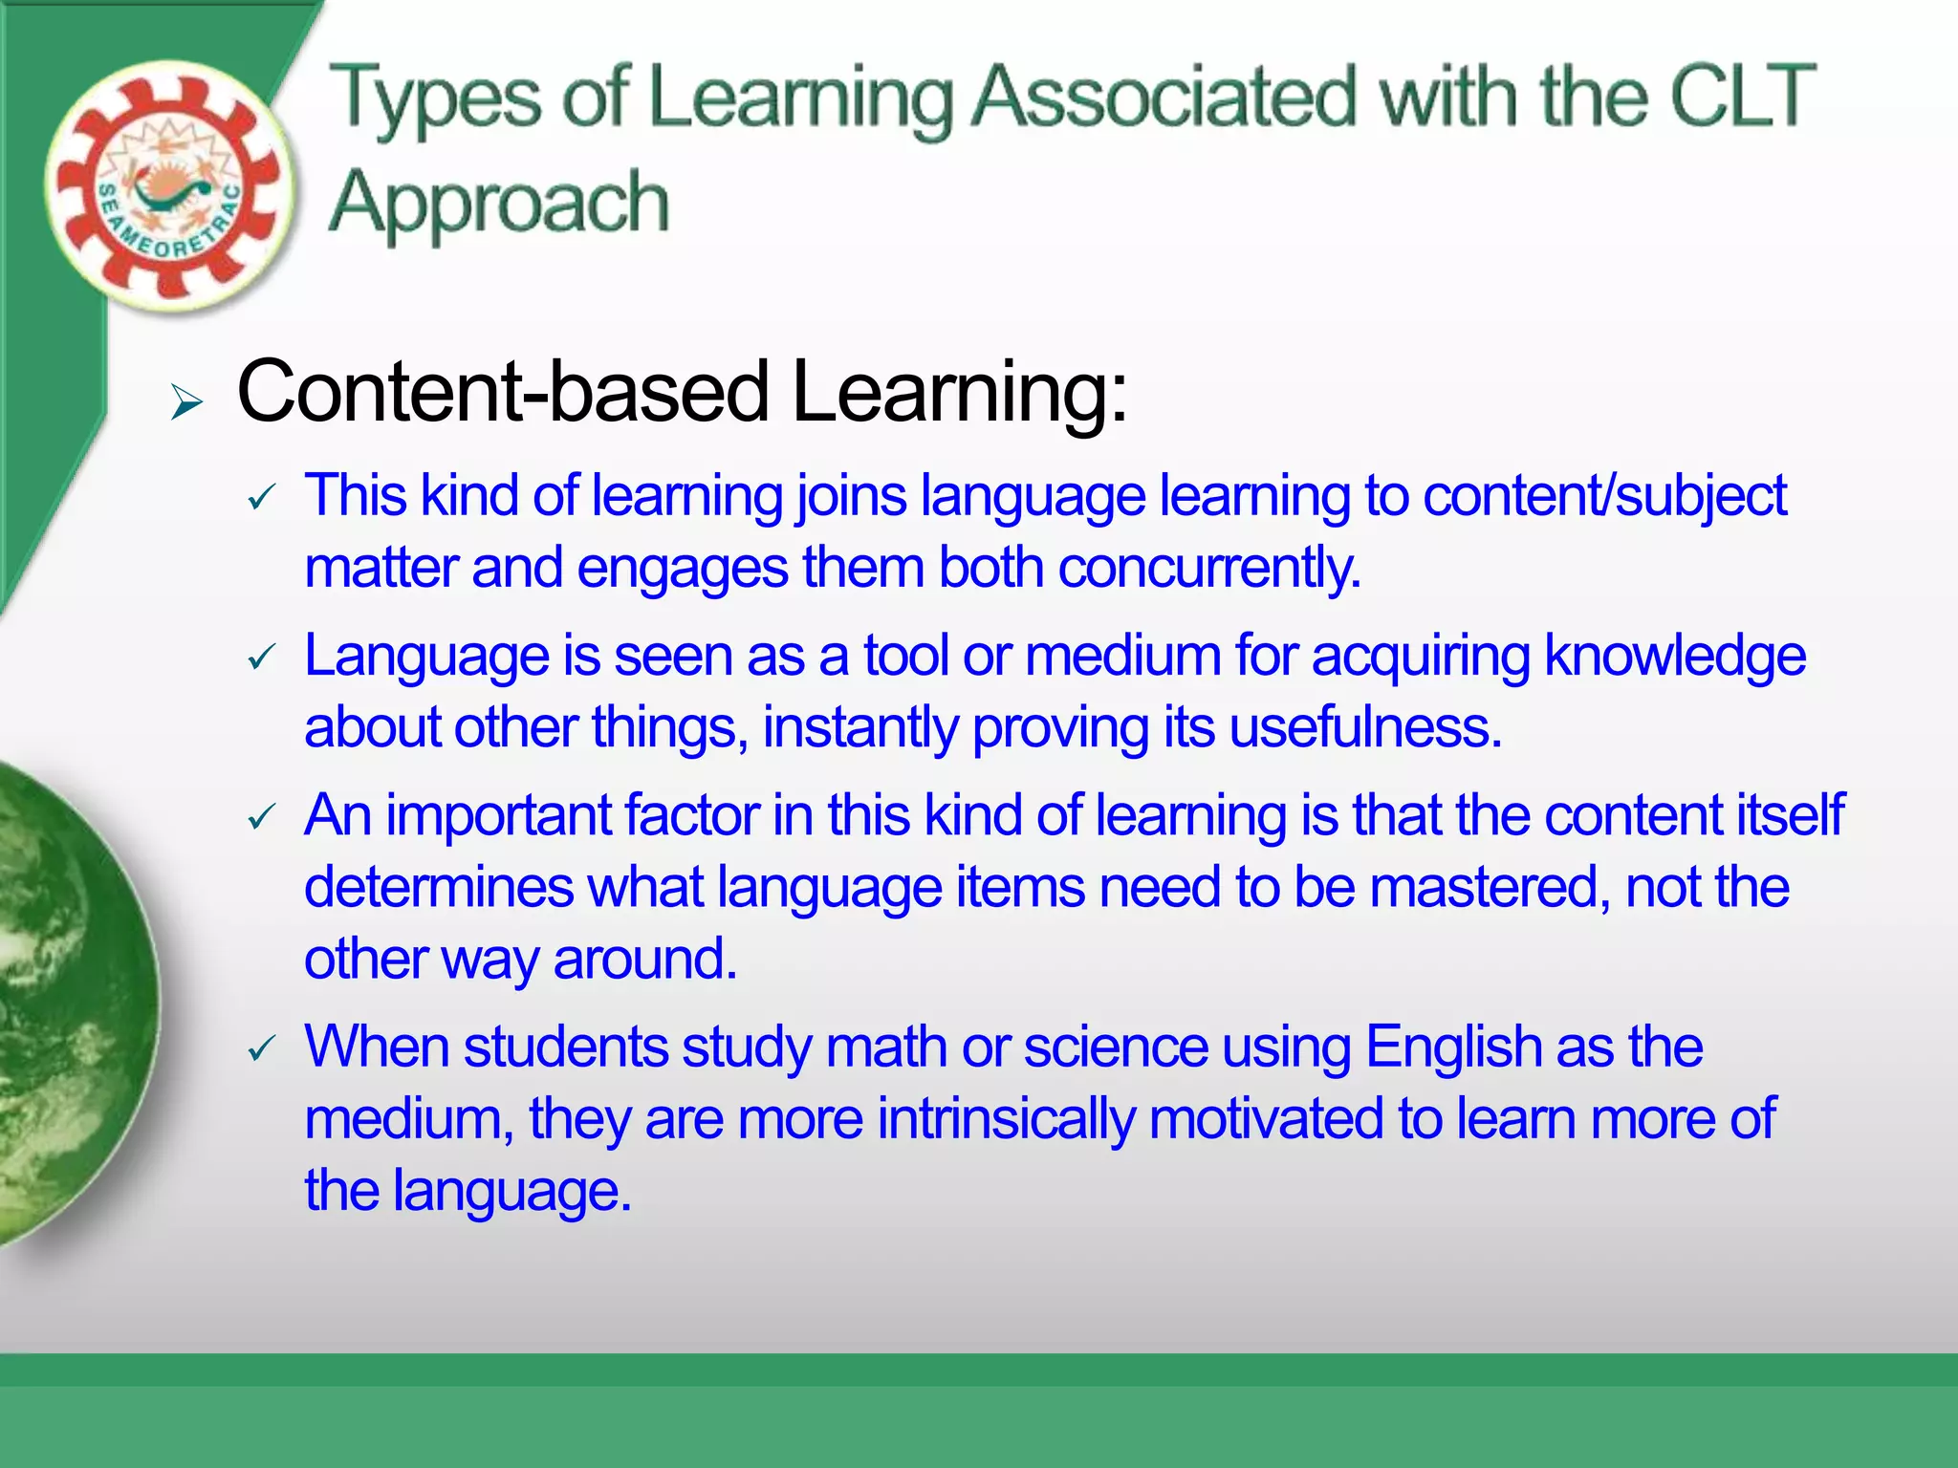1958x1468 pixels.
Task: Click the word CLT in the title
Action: click(x=1742, y=96)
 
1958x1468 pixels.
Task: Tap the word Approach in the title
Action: click(x=498, y=203)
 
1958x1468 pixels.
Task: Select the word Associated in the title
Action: click(x=1164, y=96)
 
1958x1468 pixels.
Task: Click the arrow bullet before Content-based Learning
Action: click(x=186, y=402)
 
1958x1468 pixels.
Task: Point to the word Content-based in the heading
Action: click(x=503, y=391)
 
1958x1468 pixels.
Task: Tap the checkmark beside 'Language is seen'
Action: click(x=261, y=658)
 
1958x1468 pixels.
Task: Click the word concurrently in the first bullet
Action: click(x=1208, y=568)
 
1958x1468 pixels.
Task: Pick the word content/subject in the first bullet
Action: click(x=1604, y=497)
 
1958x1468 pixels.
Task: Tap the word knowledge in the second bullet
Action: click(x=1674, y=657)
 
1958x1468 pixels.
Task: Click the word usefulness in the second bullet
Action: click(x=1365, y=727)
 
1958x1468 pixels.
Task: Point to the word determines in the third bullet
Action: click(x=439, y=887)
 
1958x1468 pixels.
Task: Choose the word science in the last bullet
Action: click(x=1116, y=1047)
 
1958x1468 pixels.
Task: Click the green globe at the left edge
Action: click(x=67, y=1004)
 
